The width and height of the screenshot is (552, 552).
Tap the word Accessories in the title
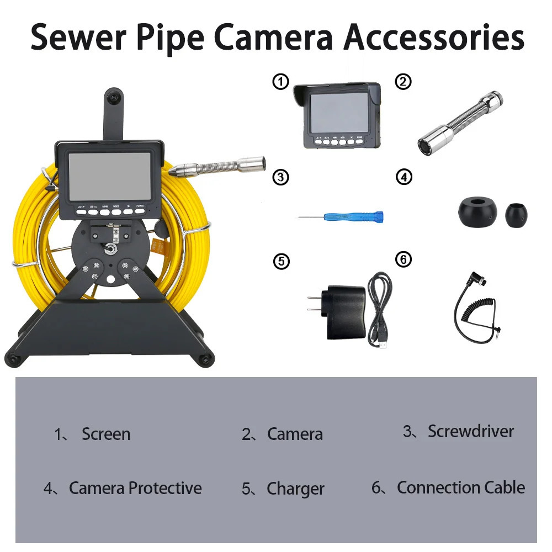[x=434, y=37]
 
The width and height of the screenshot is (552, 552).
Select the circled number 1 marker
[x=280, y=82]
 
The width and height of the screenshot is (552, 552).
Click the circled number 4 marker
[x=404, y=178]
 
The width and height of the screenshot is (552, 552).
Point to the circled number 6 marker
[x=404, y=259]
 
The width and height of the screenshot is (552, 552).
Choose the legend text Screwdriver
[x=470, y=432]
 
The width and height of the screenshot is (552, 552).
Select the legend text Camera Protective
[x=135, y=488]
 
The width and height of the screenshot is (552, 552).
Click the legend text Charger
[x=295, y=489]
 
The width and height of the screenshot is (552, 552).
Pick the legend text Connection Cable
[x=460, y=487]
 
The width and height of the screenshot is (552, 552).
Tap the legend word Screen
[x=106, y=434]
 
